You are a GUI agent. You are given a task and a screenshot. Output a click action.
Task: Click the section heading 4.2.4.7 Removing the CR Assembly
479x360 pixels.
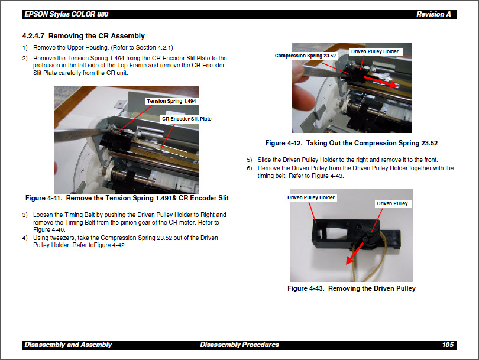point(83,36)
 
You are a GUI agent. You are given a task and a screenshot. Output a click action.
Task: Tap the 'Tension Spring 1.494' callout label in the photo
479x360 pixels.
point(171,101)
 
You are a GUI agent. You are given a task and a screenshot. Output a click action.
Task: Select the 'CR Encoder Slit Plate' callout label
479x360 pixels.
point(186,119)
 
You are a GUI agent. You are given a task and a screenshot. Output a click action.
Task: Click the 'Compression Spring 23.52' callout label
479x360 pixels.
point(306,56)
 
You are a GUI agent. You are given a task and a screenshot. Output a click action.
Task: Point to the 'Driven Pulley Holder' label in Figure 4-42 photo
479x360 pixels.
point(375,51)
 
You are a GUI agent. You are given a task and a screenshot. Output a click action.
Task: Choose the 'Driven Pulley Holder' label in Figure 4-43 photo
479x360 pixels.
point(311,197)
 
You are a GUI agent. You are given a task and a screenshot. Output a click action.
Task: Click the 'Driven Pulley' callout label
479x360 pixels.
point(392,203)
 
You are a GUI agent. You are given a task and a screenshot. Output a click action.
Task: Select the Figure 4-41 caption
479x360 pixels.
point(127,198)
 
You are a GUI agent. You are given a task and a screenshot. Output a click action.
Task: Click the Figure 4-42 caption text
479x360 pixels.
point(351,143)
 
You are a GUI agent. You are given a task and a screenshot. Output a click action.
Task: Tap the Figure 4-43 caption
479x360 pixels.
point(351,288)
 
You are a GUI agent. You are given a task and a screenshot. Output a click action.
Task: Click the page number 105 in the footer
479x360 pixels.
point(448,345)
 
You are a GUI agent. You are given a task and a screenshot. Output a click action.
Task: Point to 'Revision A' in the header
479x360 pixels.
point(433,14)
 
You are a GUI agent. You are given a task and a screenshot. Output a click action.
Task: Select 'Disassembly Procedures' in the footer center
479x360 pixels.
point(239,345)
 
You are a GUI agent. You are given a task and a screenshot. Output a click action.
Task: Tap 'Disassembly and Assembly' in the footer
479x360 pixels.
point(68,345)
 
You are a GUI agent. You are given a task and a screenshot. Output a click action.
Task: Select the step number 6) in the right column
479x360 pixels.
point(250,168)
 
